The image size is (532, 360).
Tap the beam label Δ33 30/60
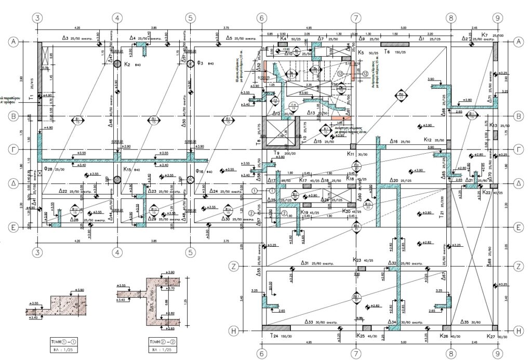(317, 322)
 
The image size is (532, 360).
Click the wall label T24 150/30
(280, 337)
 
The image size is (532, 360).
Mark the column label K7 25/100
(489, 35)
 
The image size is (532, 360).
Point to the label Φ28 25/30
(55, 169)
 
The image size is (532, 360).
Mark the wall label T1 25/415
(32, 96)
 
